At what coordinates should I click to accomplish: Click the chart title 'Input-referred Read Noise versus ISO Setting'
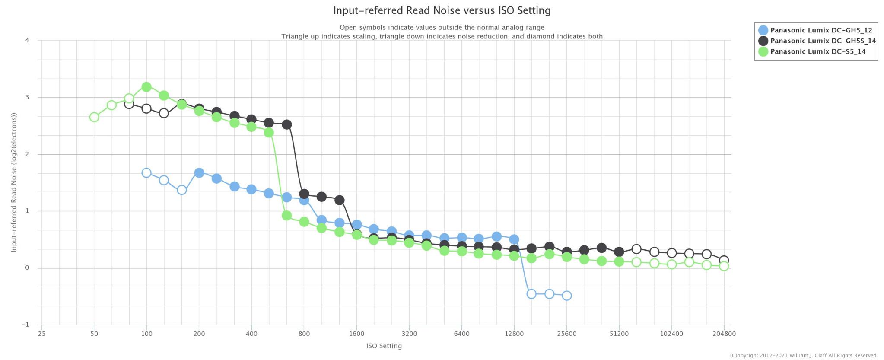442,10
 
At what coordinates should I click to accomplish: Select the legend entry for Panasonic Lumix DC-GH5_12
821,30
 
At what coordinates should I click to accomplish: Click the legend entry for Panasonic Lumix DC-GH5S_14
823,41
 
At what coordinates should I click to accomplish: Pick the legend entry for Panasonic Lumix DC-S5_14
817,51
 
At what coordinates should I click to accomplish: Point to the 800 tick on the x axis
304,334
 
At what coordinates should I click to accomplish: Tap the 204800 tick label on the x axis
724,334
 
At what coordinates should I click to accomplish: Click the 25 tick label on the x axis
41,334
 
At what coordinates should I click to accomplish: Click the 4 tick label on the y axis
27,40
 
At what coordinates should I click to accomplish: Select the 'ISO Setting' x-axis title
384,346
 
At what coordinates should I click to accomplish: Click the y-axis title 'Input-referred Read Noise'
14,182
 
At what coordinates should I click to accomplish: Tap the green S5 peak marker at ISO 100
146,87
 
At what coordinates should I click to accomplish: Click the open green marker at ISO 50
94,117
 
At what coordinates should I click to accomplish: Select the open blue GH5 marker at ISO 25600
566,296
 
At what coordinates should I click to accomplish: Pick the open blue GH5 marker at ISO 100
146,173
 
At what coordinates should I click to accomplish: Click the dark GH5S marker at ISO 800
304,194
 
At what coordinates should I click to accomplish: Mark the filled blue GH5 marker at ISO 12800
514,239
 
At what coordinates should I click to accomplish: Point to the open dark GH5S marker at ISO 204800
724,261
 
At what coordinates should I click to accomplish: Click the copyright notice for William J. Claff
804,356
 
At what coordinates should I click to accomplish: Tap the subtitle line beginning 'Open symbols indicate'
442,28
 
